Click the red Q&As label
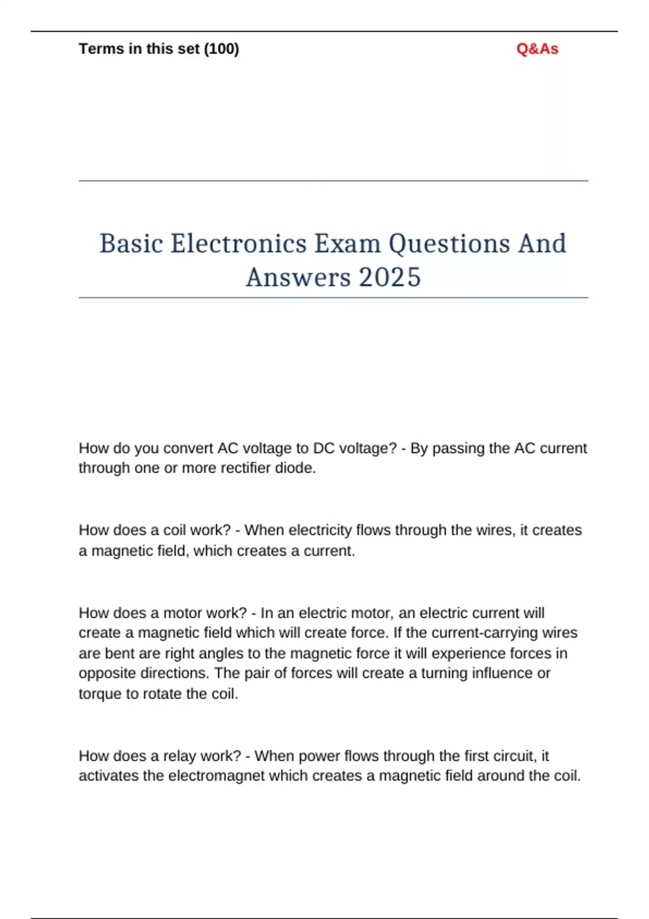click(537, 49)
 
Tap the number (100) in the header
click(221, 49)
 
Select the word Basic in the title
click(131, 243)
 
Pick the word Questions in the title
click(449, 243)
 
